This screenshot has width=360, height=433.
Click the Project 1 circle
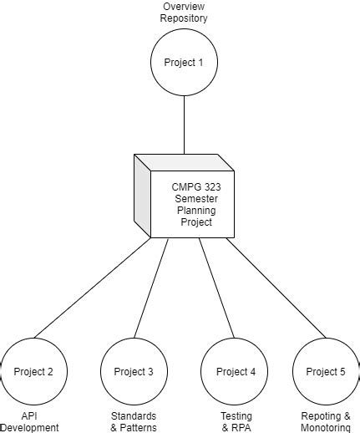(x=184, y=63)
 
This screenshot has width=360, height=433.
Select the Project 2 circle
(x=33, y=371)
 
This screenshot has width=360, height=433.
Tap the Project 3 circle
(x=134, y=371)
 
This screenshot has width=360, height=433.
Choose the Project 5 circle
(x=326, y=371)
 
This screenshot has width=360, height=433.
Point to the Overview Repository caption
(x=184, y=13)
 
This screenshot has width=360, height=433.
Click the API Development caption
(x=30, y=421)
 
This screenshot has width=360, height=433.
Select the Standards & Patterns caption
(x=134, y=421)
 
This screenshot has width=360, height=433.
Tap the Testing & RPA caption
(x=236, y=421)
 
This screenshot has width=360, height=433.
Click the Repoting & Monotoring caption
(x=326, y=421)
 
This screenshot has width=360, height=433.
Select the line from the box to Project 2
(x=92, y=288)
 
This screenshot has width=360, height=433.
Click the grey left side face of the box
(x=142, y=197)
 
